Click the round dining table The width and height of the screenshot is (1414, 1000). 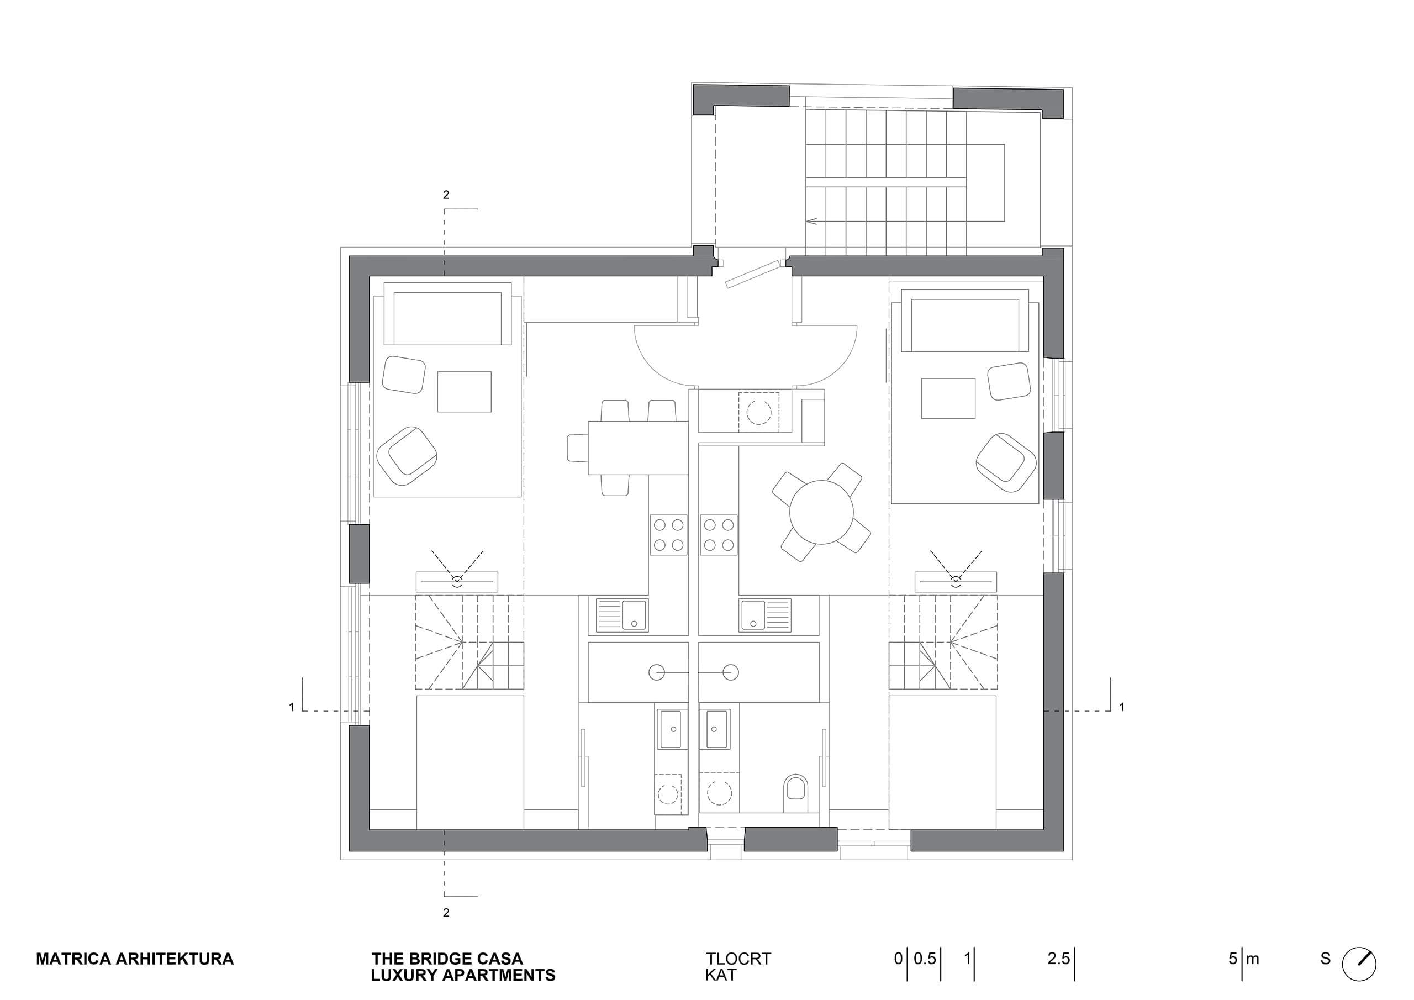[821, 512]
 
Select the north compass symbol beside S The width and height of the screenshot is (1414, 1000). [1359, 964]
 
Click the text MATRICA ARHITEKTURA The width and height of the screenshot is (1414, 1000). [135, 959]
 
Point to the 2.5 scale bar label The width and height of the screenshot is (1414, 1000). [1059, 959]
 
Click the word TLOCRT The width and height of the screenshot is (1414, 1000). [738, 959]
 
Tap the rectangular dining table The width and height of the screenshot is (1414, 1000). [638, 448]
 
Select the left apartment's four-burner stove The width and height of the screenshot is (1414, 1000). [669, 535]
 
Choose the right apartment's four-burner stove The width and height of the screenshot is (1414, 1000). [719, 535]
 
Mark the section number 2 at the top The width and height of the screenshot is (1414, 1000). [446, 194]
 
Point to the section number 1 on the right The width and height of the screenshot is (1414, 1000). [1122, 707]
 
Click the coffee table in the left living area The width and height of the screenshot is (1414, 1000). [465, 392]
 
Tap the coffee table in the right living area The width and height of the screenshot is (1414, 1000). [948, 398]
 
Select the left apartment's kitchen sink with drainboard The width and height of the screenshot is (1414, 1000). [621, 615]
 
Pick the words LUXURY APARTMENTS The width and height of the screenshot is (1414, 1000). [463, 975]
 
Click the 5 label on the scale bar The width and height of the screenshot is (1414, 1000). [1232, 959]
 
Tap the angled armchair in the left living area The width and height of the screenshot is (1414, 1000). [407, 455]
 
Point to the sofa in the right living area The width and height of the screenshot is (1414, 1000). [965, 320]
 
